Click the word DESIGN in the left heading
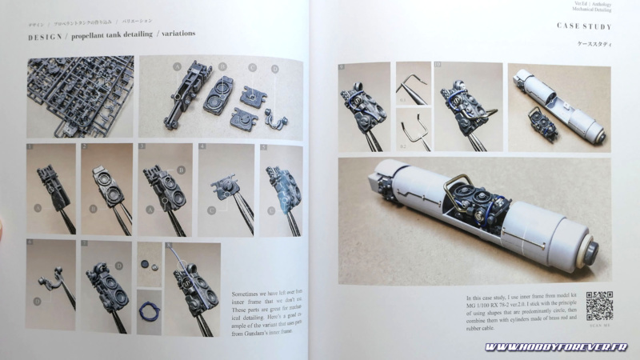pyautogui.click(x=46, y=36)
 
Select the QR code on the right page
pyautogui.click(x=599, y=305)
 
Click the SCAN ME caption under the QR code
pyautogui.click(x=599, y=326)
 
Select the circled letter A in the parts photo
pyautogui.click(x=177, y=68)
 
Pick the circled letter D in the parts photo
pyautogui.click(x=276, y=68)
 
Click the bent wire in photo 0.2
pyautogui.click(x=413, y=133)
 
